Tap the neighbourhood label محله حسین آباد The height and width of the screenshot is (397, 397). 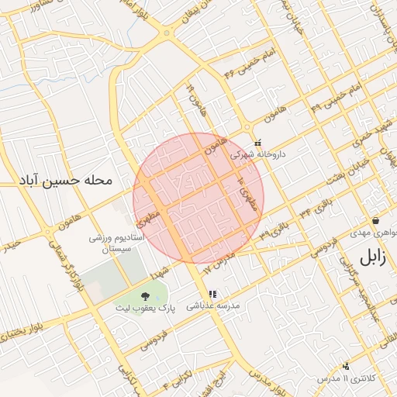tap(67, 181)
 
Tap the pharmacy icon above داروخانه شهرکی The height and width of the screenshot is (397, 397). tap(258, 143)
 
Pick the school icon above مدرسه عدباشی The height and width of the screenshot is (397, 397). tap(212, 294)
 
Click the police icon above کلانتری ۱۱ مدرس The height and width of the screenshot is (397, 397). tap(346, 365)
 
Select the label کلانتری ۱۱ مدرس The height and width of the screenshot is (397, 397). tap(347, 378)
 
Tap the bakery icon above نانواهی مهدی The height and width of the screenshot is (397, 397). tap(375, 220)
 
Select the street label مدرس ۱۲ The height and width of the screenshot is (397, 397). tap(218, 263)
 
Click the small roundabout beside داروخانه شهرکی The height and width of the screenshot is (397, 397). tap(246, 128)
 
